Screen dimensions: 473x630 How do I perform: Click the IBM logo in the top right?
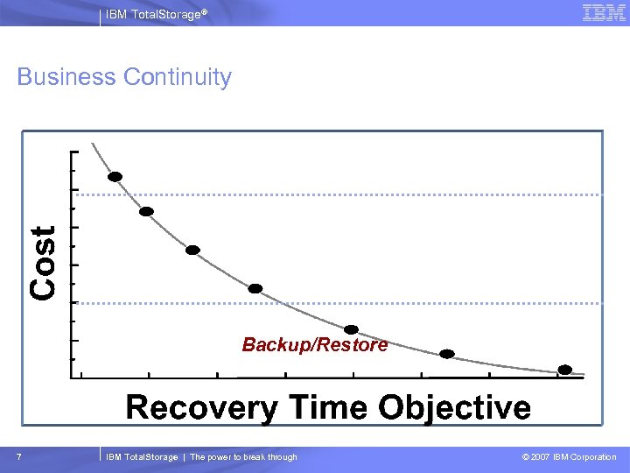pos(604,13)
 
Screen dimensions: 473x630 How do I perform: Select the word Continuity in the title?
pos(178,77)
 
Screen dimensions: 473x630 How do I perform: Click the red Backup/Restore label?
pos(315,345)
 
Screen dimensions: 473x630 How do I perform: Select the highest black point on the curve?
pos(115,176)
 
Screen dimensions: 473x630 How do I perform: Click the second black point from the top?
pos(147,211)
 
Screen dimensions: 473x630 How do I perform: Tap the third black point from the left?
pos(192,250)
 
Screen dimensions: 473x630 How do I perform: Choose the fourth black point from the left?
pos(255,288)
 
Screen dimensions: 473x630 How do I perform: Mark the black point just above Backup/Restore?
pos(351,329)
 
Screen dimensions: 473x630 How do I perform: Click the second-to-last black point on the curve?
pos(447,354)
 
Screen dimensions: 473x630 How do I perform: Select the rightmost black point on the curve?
pos(565,370)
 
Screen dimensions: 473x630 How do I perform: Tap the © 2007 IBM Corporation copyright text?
pos(569,457)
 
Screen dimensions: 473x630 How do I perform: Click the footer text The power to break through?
pos(243,457)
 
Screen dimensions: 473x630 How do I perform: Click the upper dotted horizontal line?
pos(350,194)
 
